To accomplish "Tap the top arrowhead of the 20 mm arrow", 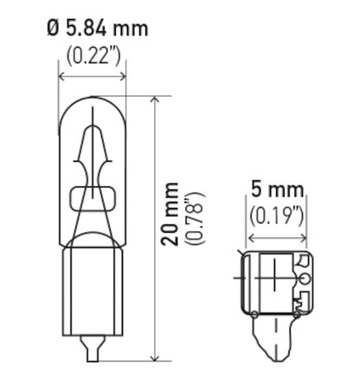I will pyautogui.click(x=154, y=100).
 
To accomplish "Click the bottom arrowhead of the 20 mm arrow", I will pyautogui.click(x=154, y=357).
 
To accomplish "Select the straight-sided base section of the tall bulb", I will pyautogui.click(x=92, y=286).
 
